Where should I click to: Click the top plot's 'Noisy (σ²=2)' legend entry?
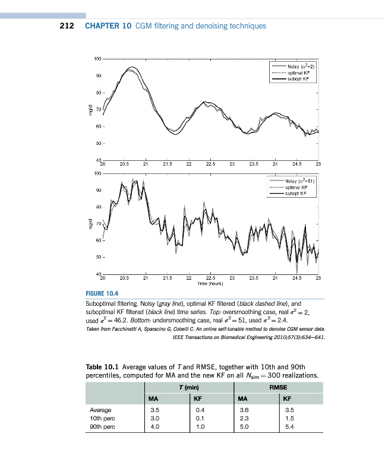299,66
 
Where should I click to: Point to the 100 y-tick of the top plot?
97,59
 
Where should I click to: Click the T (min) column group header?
188,387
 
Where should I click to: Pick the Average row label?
100,410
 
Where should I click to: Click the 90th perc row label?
101,427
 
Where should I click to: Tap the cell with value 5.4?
289,427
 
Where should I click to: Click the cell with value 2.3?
244,419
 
